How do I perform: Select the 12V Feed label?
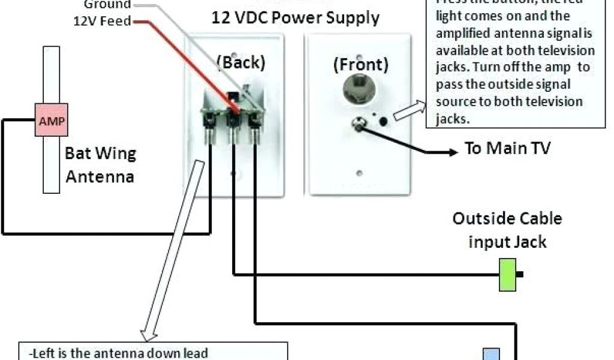101,21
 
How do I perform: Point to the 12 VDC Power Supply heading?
295,17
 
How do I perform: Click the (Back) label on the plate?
240,62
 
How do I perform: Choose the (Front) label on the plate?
360,64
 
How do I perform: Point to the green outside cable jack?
508,275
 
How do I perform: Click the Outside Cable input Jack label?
507,230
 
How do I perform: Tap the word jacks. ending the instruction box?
451,119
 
